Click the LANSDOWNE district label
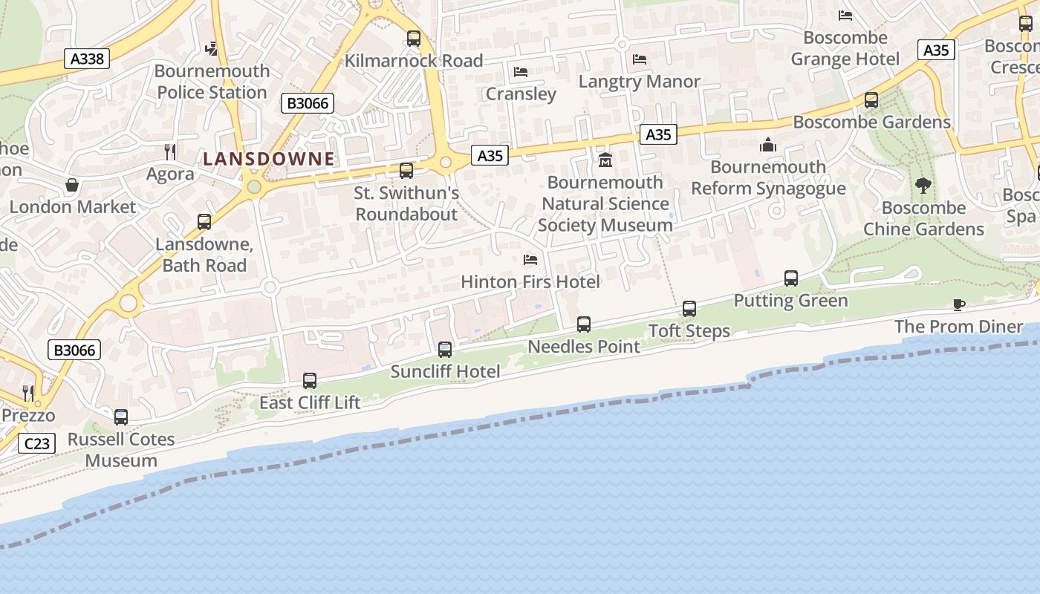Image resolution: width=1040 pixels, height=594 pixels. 269,158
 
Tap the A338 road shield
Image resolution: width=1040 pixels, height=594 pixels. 87,59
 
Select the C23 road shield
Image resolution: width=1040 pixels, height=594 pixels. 36,444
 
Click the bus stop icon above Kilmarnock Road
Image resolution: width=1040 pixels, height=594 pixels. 414,39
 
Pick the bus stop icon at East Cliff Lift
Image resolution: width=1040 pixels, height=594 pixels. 310,381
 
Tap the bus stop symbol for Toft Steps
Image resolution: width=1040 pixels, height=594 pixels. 689,309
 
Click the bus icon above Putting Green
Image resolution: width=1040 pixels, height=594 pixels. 791,279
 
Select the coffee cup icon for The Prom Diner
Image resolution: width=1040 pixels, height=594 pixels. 959,304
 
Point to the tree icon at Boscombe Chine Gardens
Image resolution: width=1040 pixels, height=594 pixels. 923,186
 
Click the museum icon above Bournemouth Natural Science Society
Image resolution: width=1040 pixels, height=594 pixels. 605,160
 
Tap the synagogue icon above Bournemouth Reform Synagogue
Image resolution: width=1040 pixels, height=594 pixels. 768,145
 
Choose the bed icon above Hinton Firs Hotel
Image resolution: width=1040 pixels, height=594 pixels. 530,260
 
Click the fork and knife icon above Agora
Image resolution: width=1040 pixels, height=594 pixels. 170,152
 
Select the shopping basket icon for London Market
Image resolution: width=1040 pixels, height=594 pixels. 72,185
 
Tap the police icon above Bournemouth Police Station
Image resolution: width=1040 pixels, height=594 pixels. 212,49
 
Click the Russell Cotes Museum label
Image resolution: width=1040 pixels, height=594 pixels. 121,449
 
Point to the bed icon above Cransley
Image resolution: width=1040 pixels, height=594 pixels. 521,72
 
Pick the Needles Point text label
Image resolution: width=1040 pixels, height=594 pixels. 584,346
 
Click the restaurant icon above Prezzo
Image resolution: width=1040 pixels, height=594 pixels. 28,393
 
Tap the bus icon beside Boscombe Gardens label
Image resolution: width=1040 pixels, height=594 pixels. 871,99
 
